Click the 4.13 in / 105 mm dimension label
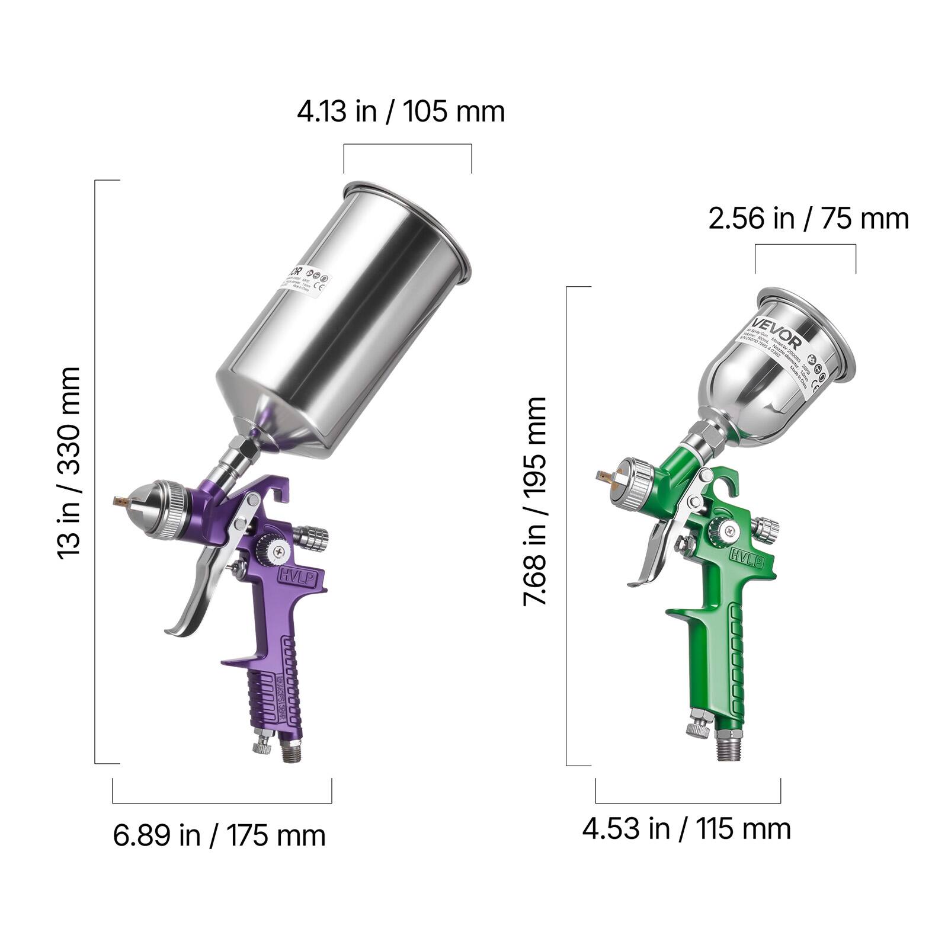(401, 112)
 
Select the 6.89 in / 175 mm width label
(219, 836)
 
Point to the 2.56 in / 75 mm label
(808, 219)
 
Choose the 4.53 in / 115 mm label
(686, 829)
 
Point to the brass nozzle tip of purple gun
(122, 501)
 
